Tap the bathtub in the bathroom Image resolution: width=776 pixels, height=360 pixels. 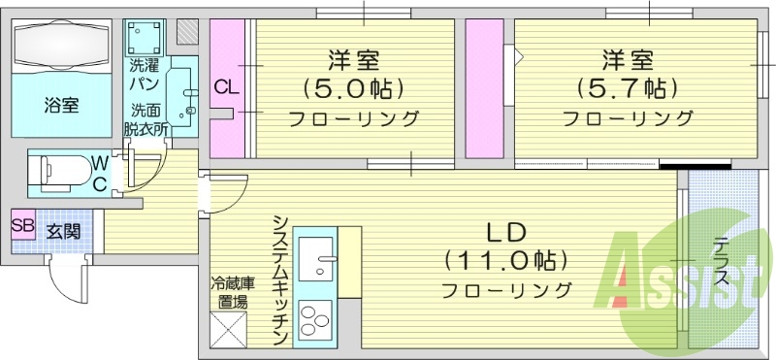[x=62, y=46]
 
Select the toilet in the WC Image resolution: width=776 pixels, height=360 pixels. [x=57, y=171]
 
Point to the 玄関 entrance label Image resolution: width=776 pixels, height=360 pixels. [x=63, y=233]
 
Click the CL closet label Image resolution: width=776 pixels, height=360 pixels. [x=226, y=87]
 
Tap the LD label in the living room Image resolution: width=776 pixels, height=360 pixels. [x=505, y=233]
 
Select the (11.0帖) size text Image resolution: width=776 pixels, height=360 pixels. [x=504, y=261]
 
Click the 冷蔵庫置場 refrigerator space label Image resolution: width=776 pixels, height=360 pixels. [x=233, y=292]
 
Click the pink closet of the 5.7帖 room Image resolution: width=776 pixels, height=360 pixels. [x=477, y=88]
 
